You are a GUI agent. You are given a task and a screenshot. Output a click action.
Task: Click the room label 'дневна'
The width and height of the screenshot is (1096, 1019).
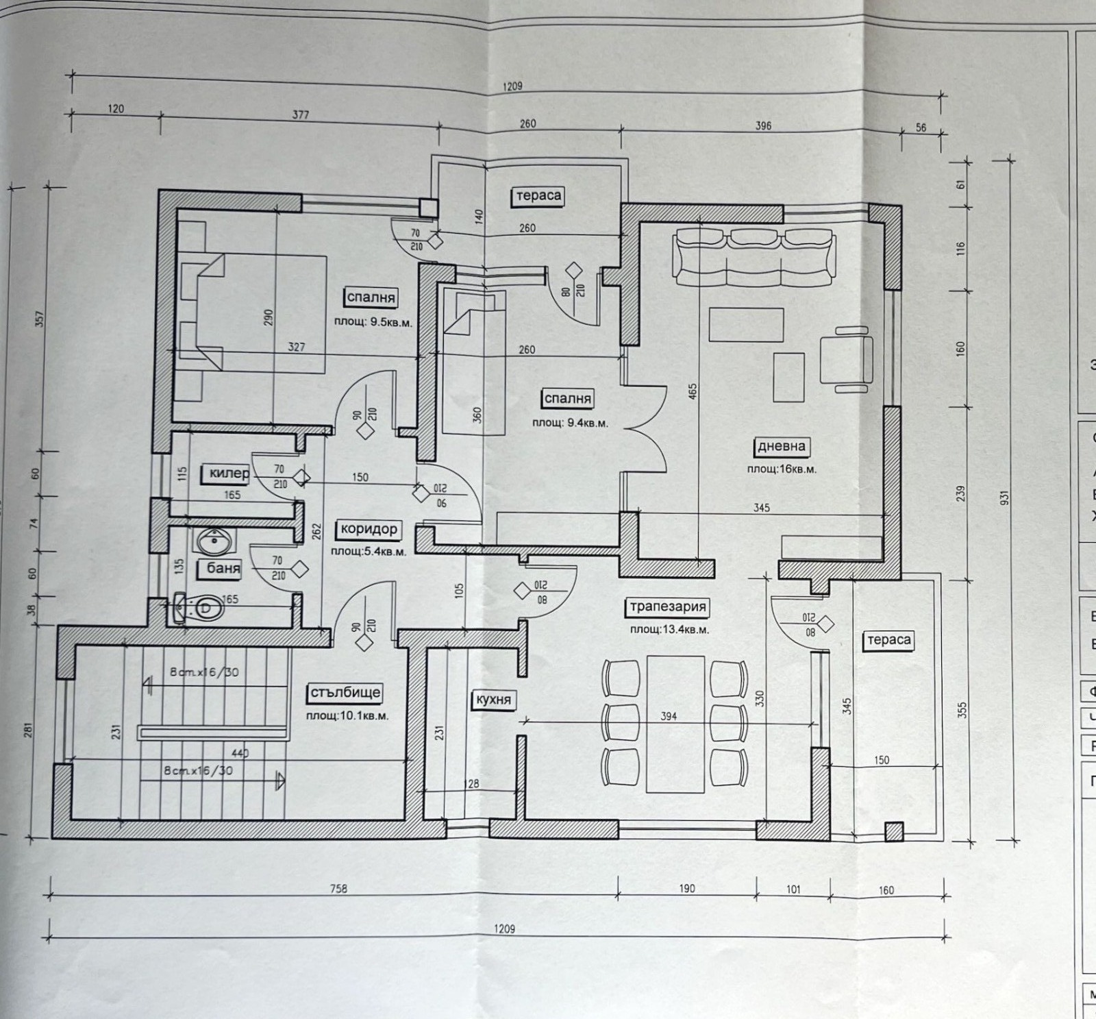click(x=781, y=446)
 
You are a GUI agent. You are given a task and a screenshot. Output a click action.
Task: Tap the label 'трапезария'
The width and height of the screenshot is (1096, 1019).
click(x=668, y=606)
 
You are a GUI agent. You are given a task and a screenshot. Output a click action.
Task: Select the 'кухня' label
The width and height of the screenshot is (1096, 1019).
click(x=493, y=700)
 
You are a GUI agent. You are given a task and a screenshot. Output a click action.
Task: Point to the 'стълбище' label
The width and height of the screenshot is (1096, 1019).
click(x=345, y=692)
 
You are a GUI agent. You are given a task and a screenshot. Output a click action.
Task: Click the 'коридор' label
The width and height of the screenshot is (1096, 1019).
click(x=369, y=529)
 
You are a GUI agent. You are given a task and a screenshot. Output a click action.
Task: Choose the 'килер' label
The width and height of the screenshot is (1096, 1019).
click(x=229, y=474)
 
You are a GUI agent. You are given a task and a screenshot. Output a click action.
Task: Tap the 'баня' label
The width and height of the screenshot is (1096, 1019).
click(x=223, y=568)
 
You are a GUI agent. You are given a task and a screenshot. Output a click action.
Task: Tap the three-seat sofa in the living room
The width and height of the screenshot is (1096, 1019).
click(x=754, y=257)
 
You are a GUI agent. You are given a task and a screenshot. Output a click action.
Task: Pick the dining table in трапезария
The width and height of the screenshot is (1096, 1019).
click(x=675, y=724)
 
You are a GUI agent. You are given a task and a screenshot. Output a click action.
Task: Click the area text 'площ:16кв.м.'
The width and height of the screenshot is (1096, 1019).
click(x=782, y=469)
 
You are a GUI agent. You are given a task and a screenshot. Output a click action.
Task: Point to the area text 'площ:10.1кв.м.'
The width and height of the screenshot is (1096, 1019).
click(x=347, y=715)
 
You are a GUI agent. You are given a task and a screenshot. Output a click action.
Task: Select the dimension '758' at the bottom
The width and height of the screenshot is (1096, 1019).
click(x=338, y=889)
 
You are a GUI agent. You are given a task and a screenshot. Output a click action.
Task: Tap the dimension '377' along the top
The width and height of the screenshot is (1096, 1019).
click(x=301, y=115)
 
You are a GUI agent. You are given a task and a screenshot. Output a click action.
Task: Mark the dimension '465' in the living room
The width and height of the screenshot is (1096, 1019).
click(x=693, y=392)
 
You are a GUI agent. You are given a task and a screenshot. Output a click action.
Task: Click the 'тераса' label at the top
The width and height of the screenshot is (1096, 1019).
click(x=538, y=196)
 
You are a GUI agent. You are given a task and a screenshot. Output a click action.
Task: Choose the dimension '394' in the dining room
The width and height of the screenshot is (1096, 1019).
click(x=668, y=716)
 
